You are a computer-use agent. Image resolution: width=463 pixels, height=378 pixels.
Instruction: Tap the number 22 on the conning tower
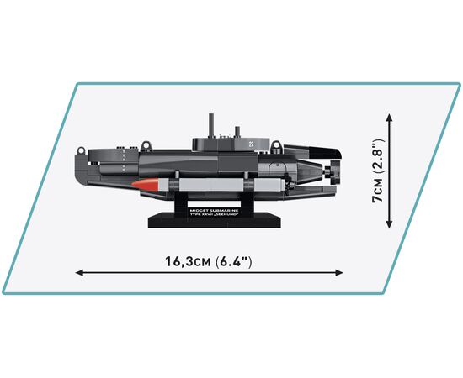pyautogui.click(x=251, y=144)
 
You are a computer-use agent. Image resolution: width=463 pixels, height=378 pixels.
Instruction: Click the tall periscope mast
pyautogui.click(x=211, y=125)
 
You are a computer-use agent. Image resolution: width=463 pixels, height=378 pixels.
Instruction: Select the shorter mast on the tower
pyautogui.click(x=237, y=132)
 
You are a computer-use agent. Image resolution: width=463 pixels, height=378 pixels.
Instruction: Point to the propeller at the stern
pyautogui.click(x=333, y=171)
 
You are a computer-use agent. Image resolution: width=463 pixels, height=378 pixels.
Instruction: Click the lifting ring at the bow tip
pyautogui.click(x=81, y=150)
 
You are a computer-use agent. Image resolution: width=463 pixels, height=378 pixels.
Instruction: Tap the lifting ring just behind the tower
pyautogui.click(x=276, y=146)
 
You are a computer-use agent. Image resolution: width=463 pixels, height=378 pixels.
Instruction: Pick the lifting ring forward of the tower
pyautogui.click(x=146, y=146)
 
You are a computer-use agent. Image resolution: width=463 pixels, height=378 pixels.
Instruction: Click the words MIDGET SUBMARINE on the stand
pyautogui.click(x=214, y=211)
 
